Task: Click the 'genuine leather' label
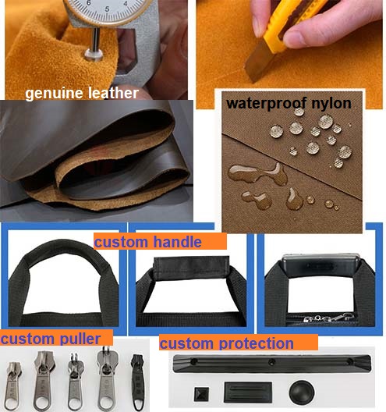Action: (82, 94)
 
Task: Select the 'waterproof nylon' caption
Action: (289, 103)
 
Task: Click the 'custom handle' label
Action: (148, 242)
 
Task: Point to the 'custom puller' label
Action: (51, 339)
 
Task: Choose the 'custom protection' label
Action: (227, 343)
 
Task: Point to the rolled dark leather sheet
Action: (94, 156)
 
